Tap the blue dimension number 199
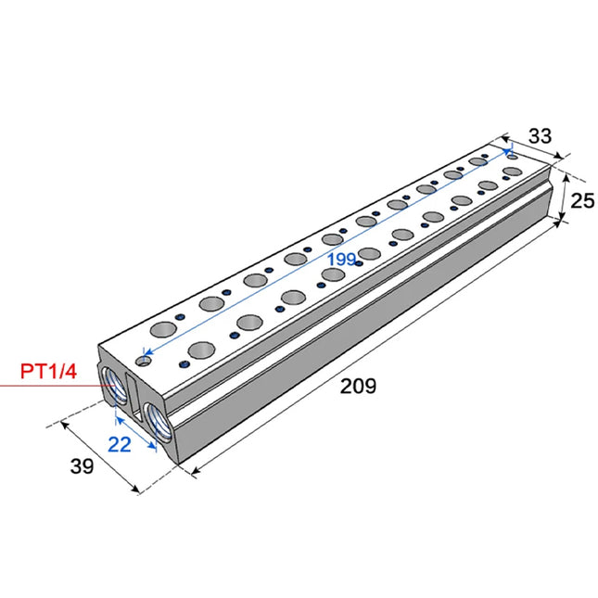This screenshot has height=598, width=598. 341,260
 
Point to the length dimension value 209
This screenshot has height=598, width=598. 358,387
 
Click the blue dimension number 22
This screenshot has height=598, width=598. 120,444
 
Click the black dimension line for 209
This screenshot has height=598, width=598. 389,351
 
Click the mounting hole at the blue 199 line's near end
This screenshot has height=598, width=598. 143,358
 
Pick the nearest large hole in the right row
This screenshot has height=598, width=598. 201,350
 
